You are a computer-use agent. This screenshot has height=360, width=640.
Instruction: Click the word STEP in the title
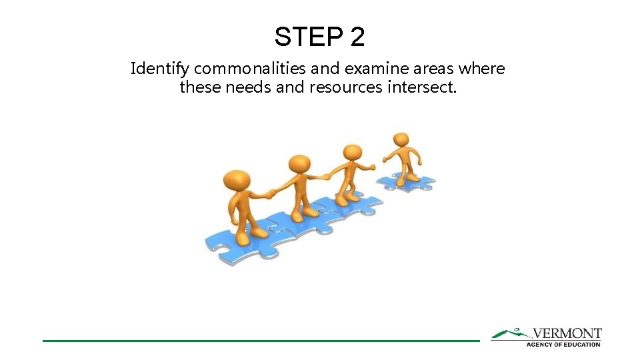[308, 37]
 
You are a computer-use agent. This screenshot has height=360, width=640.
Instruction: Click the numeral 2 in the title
[357, 37]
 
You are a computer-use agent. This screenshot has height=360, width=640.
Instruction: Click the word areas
[436, 69]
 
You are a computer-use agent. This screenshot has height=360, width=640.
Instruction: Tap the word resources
[345, 87]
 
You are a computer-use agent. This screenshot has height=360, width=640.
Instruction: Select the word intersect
[422, 87]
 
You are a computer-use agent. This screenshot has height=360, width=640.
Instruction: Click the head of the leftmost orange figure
[237, 181]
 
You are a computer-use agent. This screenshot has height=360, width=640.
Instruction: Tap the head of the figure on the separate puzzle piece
[401, 140]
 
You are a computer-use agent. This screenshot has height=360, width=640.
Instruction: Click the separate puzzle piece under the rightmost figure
[405, 181]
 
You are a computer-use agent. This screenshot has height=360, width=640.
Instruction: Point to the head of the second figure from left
[299, 163]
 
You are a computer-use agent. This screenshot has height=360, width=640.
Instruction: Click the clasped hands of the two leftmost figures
[271, 194]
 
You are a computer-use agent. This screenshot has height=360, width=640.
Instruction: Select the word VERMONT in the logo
[567, 333]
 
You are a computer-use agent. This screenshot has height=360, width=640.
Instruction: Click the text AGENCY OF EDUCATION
[563, 344]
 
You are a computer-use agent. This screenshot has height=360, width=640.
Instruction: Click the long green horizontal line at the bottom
[260, 341]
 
